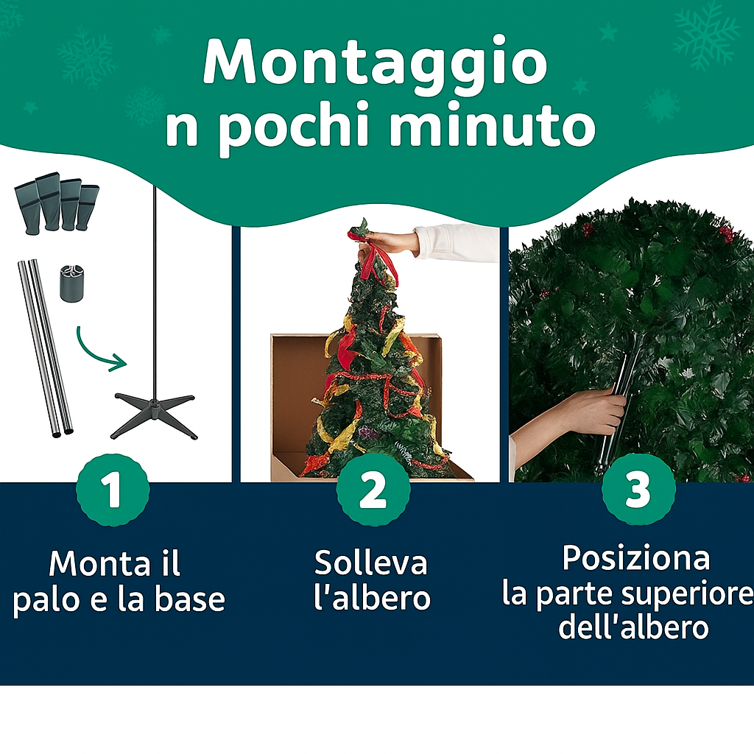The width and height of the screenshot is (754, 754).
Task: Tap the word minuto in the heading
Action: coord(491,127)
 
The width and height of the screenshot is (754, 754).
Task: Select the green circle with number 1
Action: coord(113,490)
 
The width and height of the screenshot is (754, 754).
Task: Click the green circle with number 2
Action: coord(373,490)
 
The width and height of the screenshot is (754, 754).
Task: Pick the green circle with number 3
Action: coord(638,490)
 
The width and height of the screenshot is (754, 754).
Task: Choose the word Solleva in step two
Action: coord(371,563)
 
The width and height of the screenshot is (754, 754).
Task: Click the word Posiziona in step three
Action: coord(636,558)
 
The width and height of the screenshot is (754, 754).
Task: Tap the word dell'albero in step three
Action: coord(633,628)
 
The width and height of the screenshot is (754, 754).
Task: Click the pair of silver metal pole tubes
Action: coord(46,346)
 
